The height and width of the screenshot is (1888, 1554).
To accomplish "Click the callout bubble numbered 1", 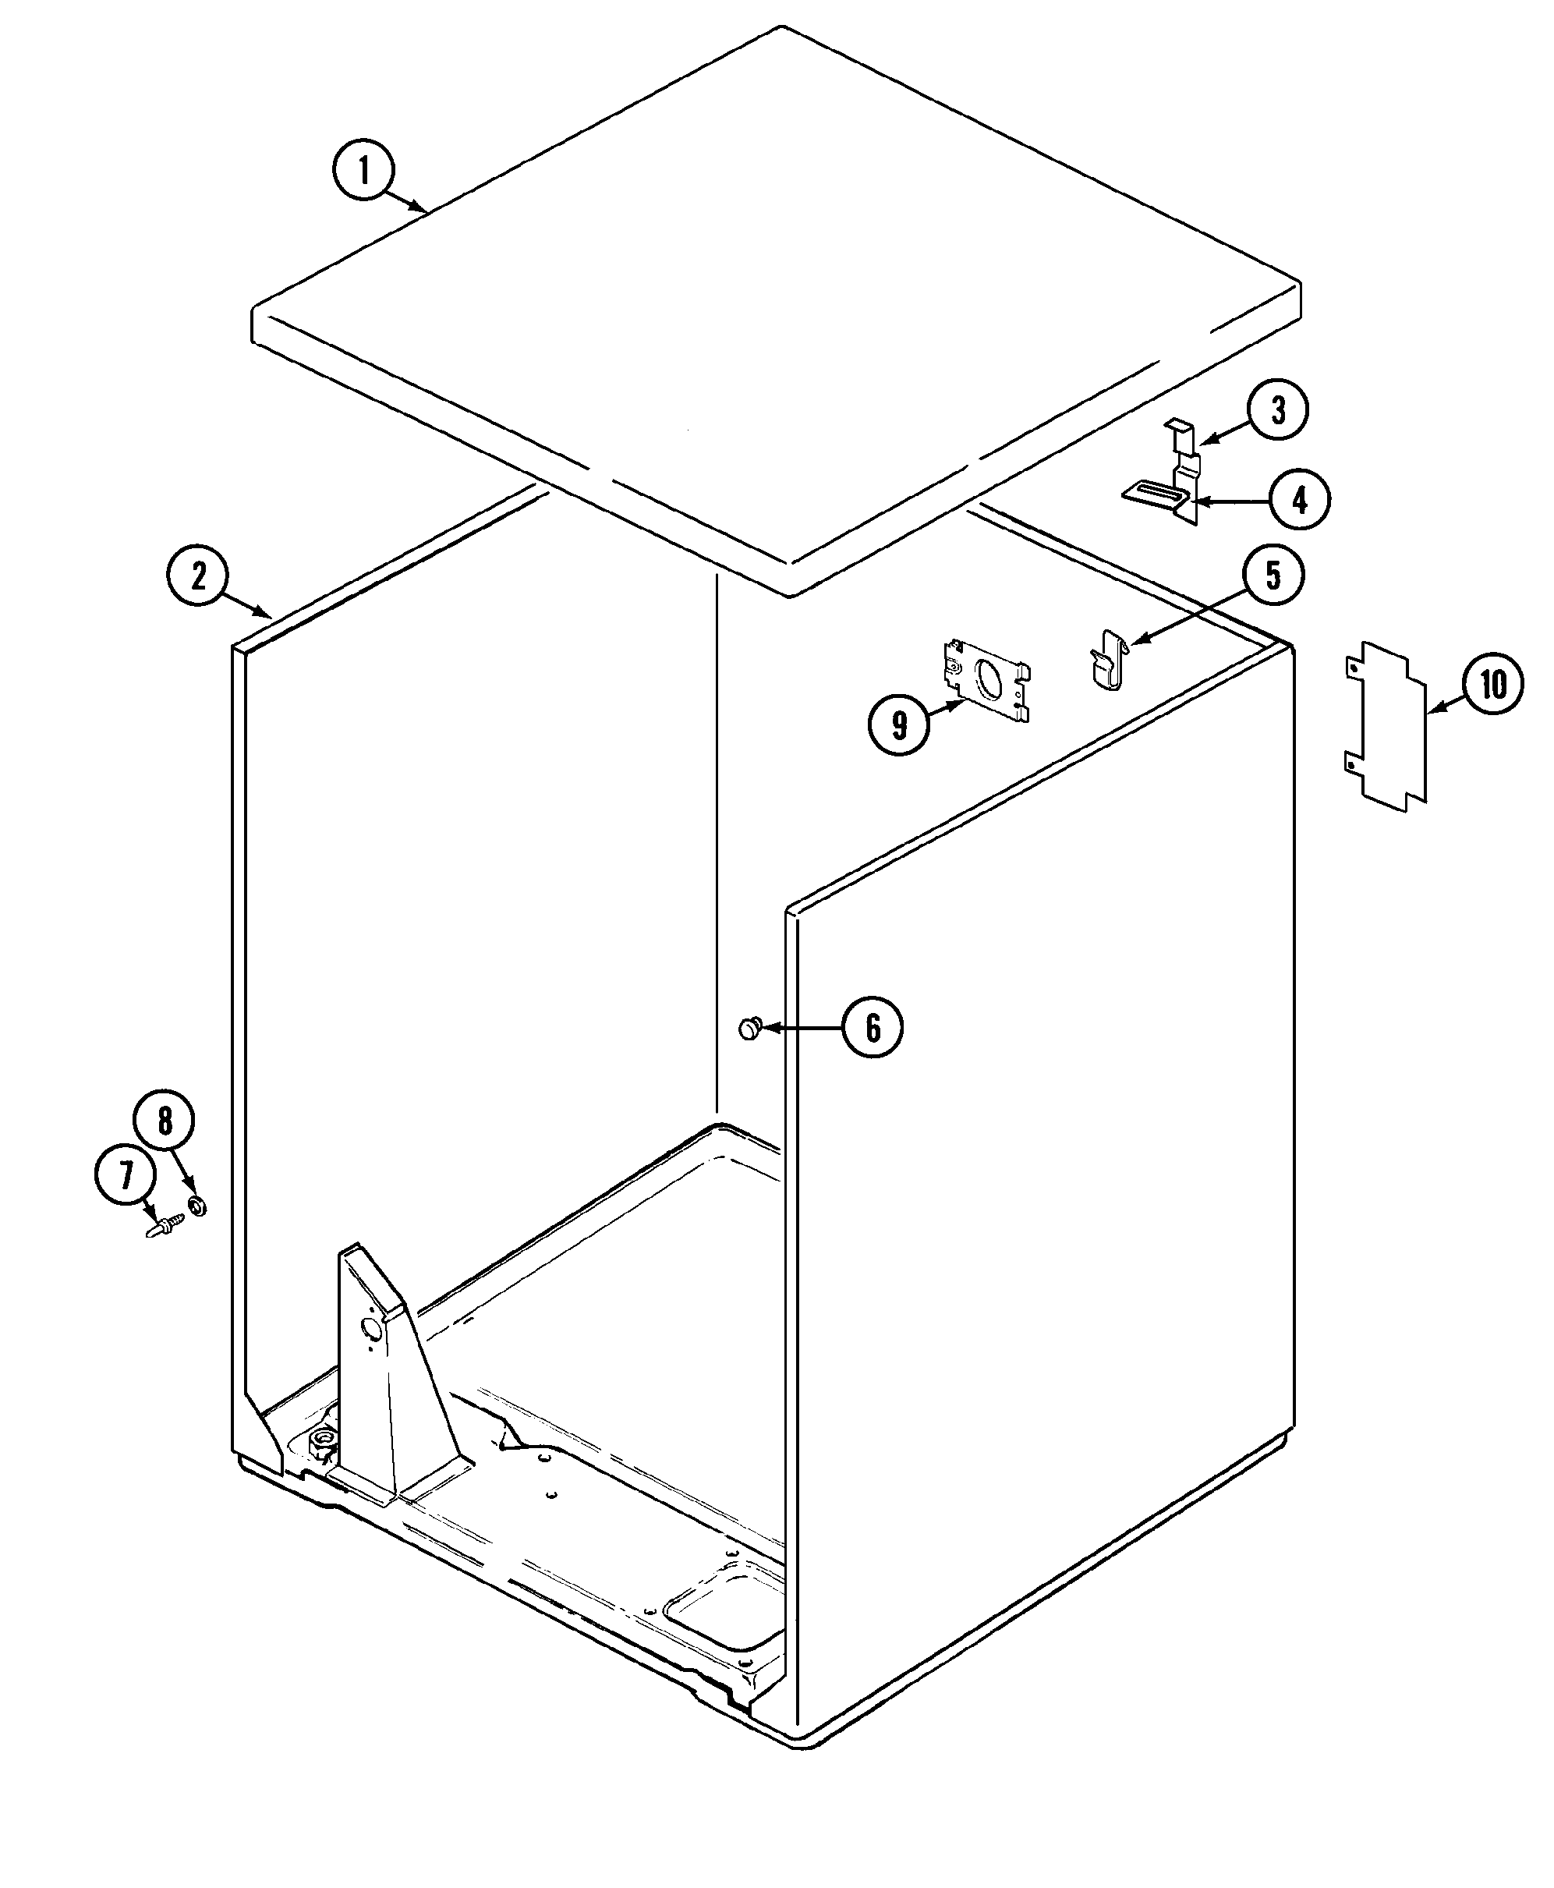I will (363, 170).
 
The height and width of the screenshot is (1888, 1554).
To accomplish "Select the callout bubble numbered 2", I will (198, 575).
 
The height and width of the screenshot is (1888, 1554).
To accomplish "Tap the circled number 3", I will (1277, 410).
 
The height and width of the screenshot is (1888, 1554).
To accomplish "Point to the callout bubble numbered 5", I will (1273, 575).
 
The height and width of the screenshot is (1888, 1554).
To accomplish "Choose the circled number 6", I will (872, 1027).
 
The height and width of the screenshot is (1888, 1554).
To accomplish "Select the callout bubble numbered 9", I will (899, 724).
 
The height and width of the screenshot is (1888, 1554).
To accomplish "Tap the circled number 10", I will (1492, 685).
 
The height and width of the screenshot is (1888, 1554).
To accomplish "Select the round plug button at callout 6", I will (749, 1029).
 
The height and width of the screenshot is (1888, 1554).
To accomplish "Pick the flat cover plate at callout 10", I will (1386, 725).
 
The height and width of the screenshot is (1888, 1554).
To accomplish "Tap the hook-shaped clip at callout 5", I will (1107, 659).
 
